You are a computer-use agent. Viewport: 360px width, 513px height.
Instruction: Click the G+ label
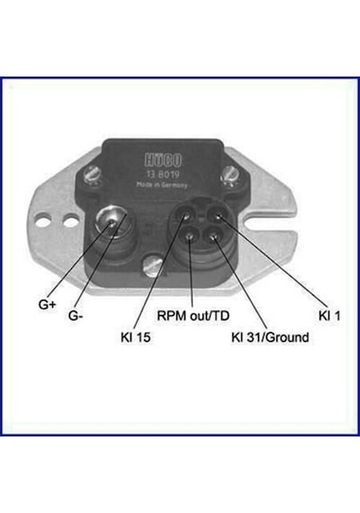click(x=48, y=304)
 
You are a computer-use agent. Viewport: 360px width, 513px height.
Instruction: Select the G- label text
click(x=76, y=316)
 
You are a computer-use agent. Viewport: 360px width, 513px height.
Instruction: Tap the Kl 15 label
click(x=136, y=337)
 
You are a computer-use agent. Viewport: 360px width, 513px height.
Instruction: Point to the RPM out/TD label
click(x=193, y=316)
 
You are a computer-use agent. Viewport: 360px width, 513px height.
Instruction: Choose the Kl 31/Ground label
click(x=270, y=337)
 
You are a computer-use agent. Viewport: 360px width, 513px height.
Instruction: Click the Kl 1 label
click(x=329, y=316)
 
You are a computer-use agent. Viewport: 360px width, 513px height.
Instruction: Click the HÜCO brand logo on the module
click(x=163, y=160)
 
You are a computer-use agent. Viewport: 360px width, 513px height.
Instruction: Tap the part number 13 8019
click(x=163, y=175)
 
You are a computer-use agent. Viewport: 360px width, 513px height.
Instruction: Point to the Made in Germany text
click(x=162, y=184)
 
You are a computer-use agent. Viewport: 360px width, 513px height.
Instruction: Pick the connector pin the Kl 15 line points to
click(x=186, y=215)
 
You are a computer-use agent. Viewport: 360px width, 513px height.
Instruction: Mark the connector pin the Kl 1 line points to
click(x=217, y=216)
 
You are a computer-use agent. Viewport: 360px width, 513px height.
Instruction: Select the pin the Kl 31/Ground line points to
click(x=213, y=237)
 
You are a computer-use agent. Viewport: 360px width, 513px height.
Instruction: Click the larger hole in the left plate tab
click(x=43, y=220)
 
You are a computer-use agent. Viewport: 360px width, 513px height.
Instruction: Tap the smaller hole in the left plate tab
click(x=70, y=220)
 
